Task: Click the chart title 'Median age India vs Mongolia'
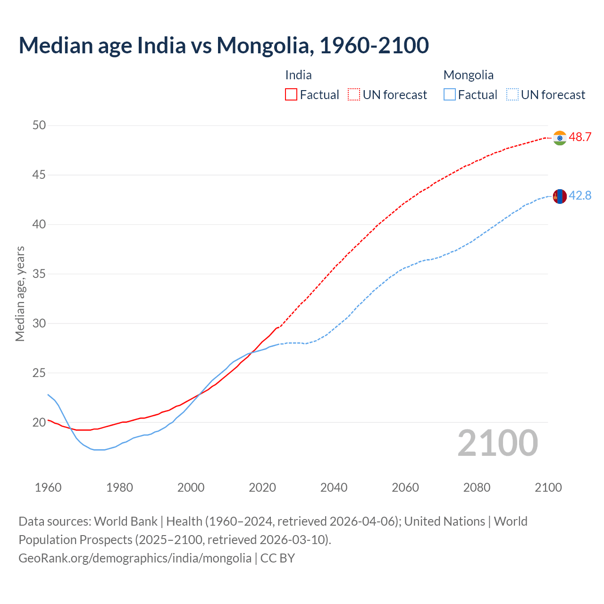tap(224, 45)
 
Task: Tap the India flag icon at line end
tap(560, 138)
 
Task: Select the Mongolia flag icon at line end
tap(560, 196)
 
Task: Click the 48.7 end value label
tap(580, 137)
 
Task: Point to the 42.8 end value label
tap(580, 195)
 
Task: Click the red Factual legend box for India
tap(291, 95)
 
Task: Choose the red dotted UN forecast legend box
tap(354, 95)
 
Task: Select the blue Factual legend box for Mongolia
tap(450, 95)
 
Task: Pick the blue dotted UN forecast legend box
tap(512, 95)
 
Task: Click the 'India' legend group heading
tap(298, 75)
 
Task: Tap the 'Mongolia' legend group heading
tap(468, 75)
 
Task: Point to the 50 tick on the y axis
tap(39, 125)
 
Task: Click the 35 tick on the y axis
tap(39, 274)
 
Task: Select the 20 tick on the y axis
tap(39, 422)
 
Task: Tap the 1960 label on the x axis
tap(48, 487)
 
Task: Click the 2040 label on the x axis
tap(334, 487)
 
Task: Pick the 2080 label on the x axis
tap(477, 487)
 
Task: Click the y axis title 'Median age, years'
tap(20, 294)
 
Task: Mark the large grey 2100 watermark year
tap(497, 443)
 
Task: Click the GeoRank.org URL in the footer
tap(135, 558)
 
